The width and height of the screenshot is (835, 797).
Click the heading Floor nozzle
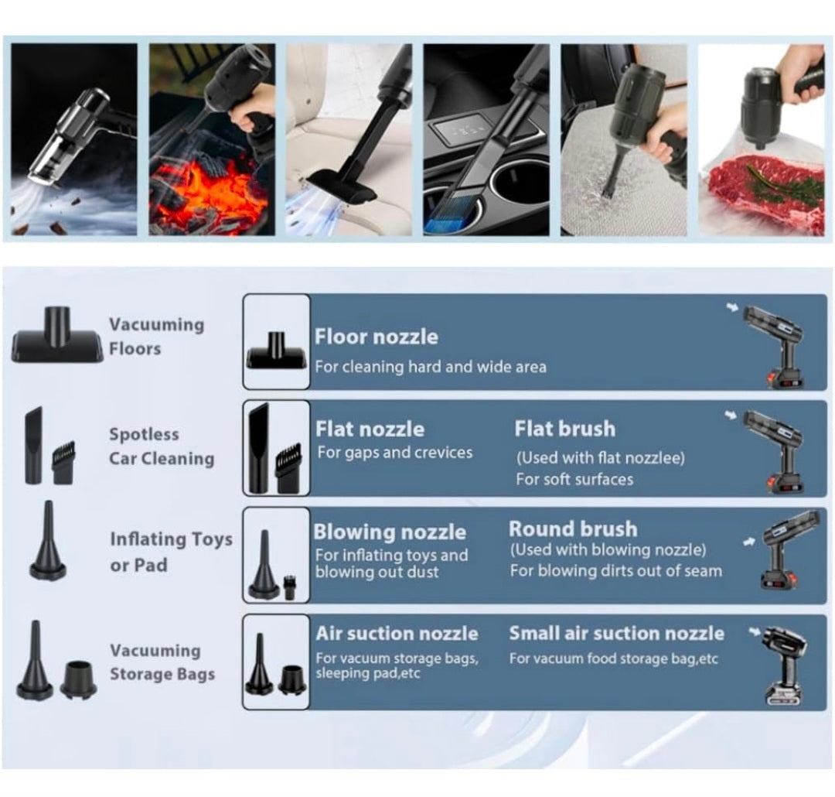click(x=376, y=337)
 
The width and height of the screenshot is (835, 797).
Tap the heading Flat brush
click(x=564, y=429)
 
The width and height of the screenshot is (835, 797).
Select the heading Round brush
click(x=573, y=529)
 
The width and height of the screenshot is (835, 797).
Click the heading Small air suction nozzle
click(x=616, y=633)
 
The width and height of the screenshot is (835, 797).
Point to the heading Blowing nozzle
click(x=390, y=532)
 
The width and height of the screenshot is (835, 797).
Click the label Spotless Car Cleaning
click(x=161, y=446)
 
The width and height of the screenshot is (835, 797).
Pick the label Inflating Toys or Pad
click(x=170, y=552)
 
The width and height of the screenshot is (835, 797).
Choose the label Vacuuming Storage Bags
click(x=161, y=662)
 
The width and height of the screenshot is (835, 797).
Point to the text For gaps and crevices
click(x=394, y=453)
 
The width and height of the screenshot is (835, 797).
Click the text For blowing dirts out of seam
click(x=615, y=571)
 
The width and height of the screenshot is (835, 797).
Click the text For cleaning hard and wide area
click(x=430, y=367)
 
